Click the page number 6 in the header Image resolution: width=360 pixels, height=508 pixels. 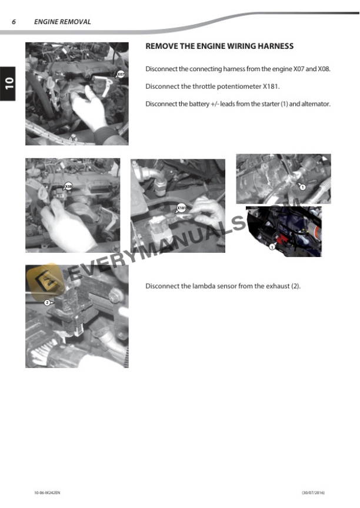pyautogui.click(x=14, y=22)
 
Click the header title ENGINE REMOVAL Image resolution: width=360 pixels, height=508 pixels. pyautogui.click(x=62, y=22)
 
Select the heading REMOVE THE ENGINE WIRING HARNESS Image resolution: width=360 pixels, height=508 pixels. pyautogui.click(x=219, y=46)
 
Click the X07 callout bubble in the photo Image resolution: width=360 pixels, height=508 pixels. pyautogui.click(x=120, y=74)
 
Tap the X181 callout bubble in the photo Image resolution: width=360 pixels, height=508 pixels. pyautogui.click(x=182, y=208)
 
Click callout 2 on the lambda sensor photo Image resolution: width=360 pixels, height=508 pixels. pyautogui.click(x=47, y=302)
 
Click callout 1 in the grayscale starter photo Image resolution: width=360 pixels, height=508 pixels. pyautogui.click(x=302, y=186)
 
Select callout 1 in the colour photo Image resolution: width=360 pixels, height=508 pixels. pyautogui.click(x=272, y=247)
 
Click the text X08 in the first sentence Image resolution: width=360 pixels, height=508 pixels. pyautogui.click(x=324, y=69)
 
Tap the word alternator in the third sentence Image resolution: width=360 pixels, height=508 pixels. pyautogui.click(x=316, y=104)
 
